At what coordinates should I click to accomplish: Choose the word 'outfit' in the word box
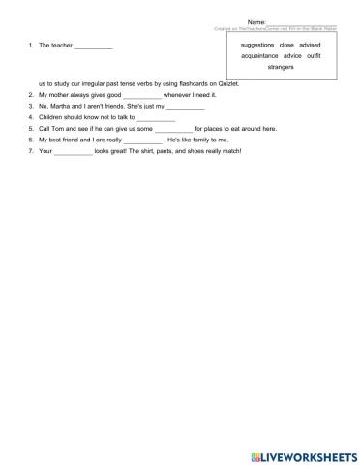point(314,56)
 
